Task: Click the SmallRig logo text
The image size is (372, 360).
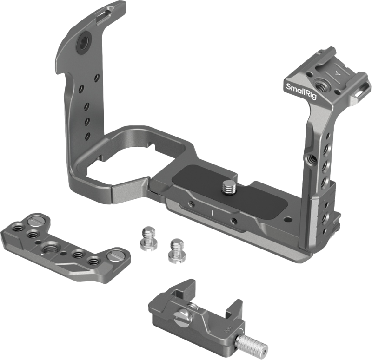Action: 299,88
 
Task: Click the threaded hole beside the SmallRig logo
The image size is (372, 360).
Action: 321,86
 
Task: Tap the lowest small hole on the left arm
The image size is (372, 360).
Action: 87,138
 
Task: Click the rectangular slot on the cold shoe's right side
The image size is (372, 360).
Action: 358,93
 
